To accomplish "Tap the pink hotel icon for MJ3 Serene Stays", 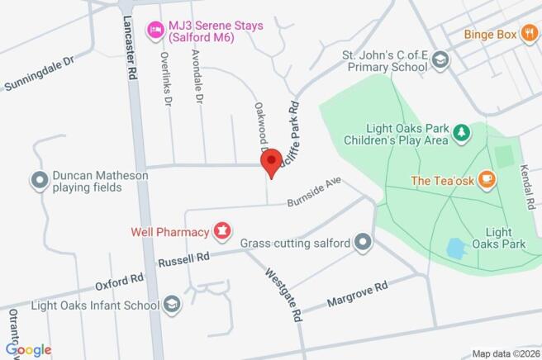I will [153, 31].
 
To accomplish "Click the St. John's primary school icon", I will [440, 60].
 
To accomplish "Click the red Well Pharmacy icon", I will [221, 232].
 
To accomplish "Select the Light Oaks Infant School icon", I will [172, 305].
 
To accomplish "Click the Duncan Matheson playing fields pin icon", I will [38, 180].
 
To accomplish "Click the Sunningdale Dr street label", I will [38, 73].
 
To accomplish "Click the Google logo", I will [27, 350].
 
